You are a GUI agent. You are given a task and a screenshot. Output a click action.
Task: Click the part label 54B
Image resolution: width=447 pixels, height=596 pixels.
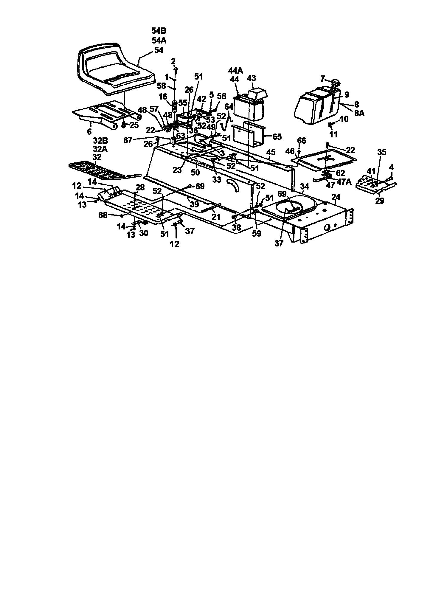tap(159, 31)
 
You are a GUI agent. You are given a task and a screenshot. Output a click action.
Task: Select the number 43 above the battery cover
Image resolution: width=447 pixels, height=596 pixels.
tap(252, 78)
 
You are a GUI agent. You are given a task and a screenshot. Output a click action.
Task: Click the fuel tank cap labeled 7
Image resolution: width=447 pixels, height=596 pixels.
tap(335, 83)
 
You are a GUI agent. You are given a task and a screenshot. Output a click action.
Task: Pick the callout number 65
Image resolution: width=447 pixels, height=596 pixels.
tap(277, 137)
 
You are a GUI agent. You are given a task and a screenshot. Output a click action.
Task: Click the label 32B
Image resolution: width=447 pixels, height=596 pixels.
tap(100, 141)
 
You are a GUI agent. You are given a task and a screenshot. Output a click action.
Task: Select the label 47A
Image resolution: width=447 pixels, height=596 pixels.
tap(344, 181)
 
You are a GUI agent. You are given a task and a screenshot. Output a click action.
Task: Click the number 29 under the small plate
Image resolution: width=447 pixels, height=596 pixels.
tap(380, 201)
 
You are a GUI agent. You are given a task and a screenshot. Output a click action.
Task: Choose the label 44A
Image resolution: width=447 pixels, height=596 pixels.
tap(236, 71)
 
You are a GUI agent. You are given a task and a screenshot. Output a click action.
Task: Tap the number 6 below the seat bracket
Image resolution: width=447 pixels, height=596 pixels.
tap(89, 132)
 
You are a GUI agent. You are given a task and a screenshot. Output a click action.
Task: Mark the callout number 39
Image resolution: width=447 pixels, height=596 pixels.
tap(194, 204)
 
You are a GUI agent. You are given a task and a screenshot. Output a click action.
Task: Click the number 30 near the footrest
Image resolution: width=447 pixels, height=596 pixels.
tap(144, 232)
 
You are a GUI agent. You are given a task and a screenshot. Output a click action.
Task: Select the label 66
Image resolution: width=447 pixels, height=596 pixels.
tap(302, 141)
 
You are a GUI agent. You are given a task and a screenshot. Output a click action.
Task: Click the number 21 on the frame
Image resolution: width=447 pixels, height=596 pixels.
tap(216, 217)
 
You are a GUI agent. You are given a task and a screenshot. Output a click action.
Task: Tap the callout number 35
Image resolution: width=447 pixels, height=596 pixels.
tap(382, 152)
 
